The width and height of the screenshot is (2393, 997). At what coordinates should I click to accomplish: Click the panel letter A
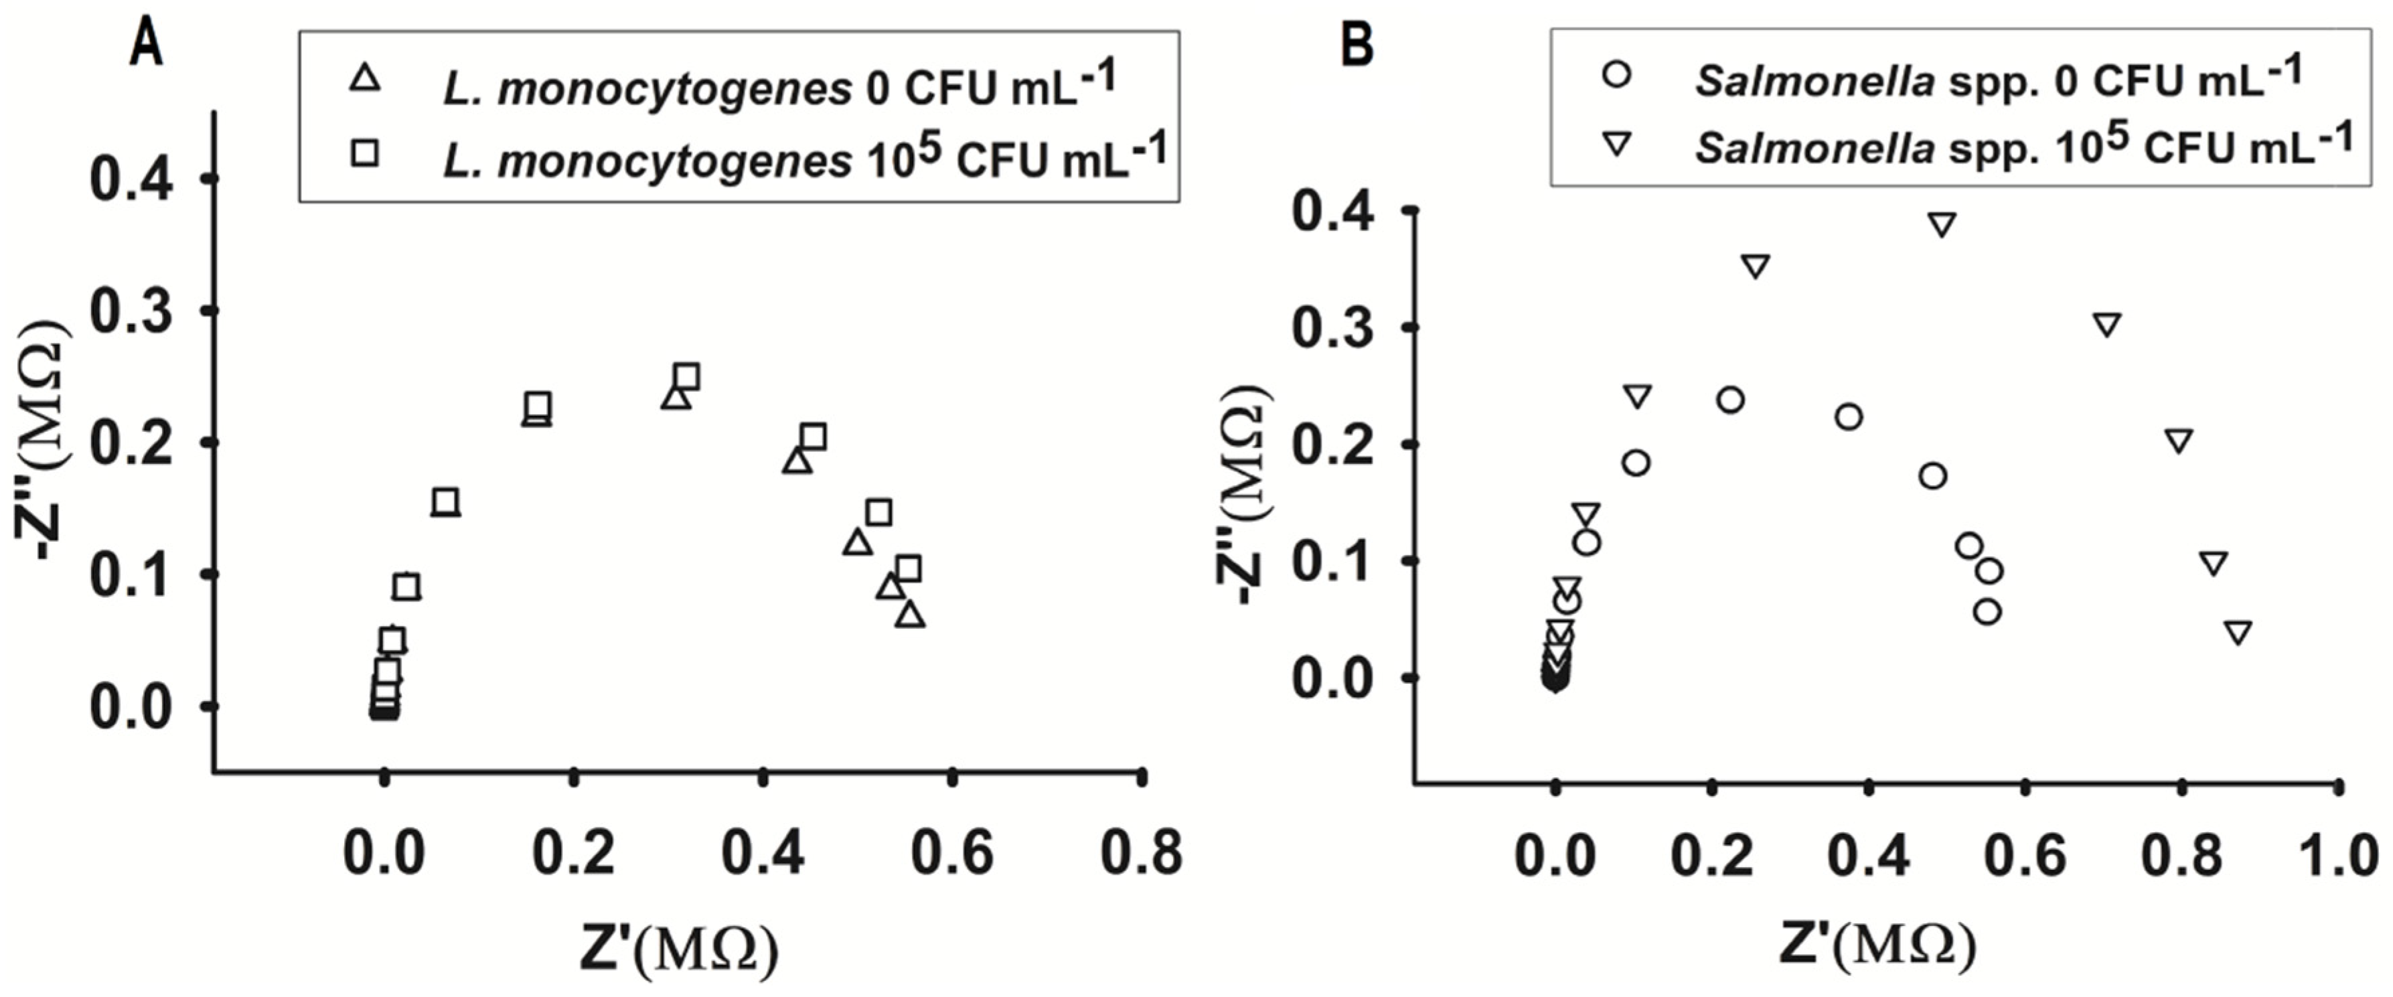pyautogui.click(x=146, y=45)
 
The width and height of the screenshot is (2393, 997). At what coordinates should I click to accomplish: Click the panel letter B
pyautogui.click(x=1358, y=45)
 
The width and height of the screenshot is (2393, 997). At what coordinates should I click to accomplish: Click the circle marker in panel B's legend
pyautogui.click(x=1618, y=74)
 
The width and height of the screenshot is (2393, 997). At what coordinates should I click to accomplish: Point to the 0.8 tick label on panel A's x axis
pyautogui.click(x=1141, y=852)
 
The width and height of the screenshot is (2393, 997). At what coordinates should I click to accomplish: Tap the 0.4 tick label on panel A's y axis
pyautogui.click(x=131, y=179)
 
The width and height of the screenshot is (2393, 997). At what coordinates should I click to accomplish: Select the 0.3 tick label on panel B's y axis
pyautogui.click(x=1333, y=329)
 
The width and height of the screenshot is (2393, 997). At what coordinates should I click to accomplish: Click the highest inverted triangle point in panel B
pyautogui.click(x=1942, y=224)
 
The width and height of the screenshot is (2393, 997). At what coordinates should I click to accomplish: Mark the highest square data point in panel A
pyautogui.click(x=686, y=376)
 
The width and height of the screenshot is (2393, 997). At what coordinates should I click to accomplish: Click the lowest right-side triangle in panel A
pyautogui.click(x=911, y=615)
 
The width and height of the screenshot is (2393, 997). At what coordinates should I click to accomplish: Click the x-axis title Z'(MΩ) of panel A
pyautogui.click(x=679, y=947)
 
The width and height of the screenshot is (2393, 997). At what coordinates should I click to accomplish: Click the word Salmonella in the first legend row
pyautogui.click(x=1815, y=84)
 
